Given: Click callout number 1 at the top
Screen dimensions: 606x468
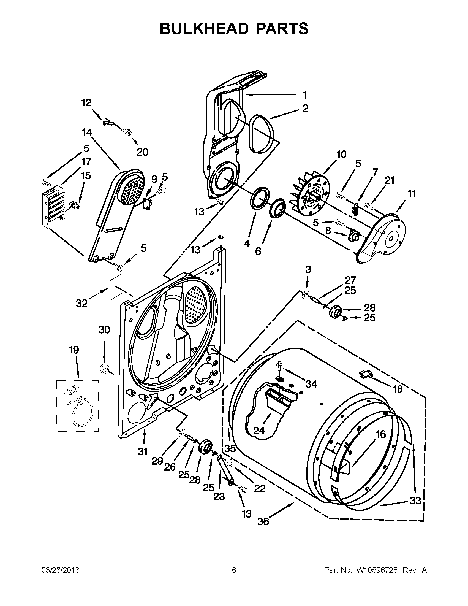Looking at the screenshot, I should pyautogui.click(x=305, y=95).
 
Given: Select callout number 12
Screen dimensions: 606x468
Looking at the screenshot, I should pyautogui.click(x=86, y=103).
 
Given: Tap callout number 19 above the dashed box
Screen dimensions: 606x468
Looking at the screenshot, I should pyautogui.click(x=74, y=350).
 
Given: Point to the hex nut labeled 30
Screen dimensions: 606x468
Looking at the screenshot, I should pyautogui.click(x=103, y=369).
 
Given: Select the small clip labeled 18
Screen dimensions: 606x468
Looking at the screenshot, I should pyautogui.click(x=365, y=375).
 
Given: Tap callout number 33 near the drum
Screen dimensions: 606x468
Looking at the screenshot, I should pyautogui.click(x=415, y=501).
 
